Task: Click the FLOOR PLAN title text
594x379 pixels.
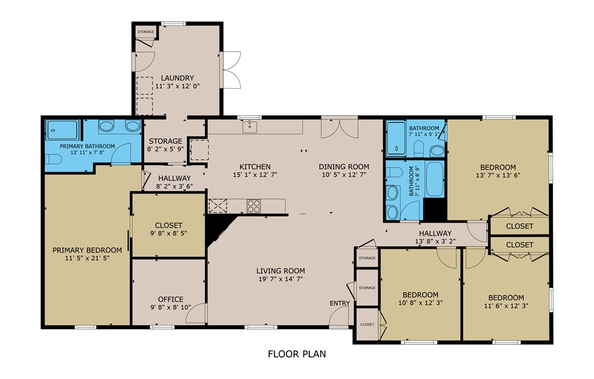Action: coord(296,354)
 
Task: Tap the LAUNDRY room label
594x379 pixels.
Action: coord(178,78)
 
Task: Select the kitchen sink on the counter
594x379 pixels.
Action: coord(250,127)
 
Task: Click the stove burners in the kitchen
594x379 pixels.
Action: coord(254,206)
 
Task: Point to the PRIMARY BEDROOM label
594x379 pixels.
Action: coord(87,250)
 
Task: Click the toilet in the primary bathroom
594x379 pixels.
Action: coord(53,159)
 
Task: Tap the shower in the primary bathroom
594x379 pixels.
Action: coord(63,130)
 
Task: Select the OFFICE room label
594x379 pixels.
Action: coord(171,299)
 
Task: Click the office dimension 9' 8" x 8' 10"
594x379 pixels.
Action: coord(171,307)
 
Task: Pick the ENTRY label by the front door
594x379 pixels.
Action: coord(340,303)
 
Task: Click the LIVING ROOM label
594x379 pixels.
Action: coord(280,271)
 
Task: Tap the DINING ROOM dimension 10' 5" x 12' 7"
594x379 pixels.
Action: coord(344,174)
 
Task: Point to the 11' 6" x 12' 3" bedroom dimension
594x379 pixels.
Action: coord(506,305)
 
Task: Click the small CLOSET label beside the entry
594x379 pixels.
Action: coord(367,325)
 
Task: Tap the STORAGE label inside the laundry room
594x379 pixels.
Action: coord(146,32)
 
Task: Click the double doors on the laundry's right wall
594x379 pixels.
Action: coord(230,70)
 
